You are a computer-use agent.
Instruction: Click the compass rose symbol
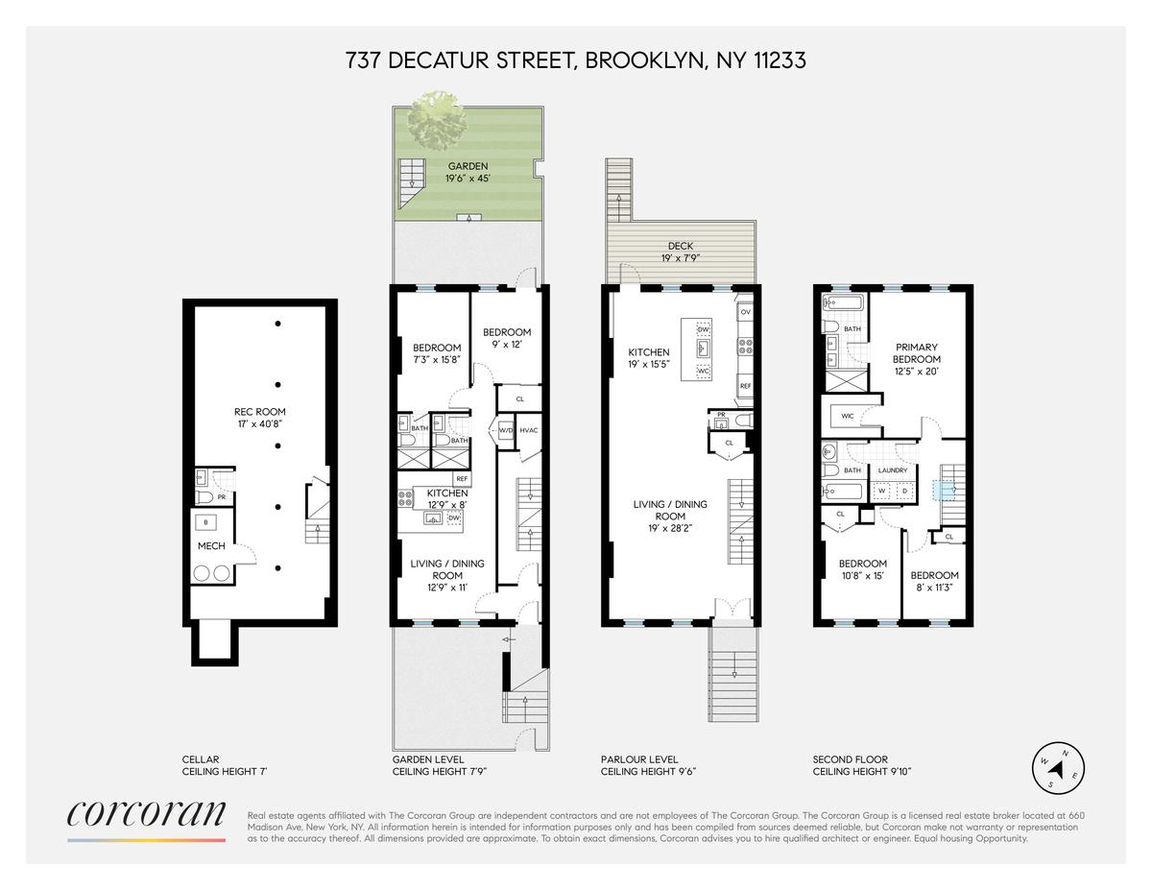(x=1058, y=768)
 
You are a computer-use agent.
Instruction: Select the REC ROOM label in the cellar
(x=260, y=418)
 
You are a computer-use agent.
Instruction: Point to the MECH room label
(x=211, y=546)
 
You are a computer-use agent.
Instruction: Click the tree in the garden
(x=438, y=122)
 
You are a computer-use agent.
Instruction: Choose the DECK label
(x=681, y=252)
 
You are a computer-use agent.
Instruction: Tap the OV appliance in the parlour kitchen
(x=745, y=312)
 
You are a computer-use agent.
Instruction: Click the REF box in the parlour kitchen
(x=745, y=386)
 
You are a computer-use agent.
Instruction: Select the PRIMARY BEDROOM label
(x=917, y=359)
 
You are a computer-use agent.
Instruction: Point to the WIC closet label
(x=847, y=416)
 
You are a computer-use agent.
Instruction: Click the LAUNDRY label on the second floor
(x=893, y=470)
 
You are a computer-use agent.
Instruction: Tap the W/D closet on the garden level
(x=506, y=430)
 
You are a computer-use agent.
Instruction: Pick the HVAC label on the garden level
(x=529, y=430)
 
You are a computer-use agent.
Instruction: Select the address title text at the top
(x=576, y=60)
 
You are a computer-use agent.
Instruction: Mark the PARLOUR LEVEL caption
(x=639, y=759)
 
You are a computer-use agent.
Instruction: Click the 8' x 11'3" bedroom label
(x=935, y=581)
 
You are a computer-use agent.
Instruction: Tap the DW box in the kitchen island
(x=703, y=329)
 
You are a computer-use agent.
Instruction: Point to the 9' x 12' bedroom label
(x=507, y=338)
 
